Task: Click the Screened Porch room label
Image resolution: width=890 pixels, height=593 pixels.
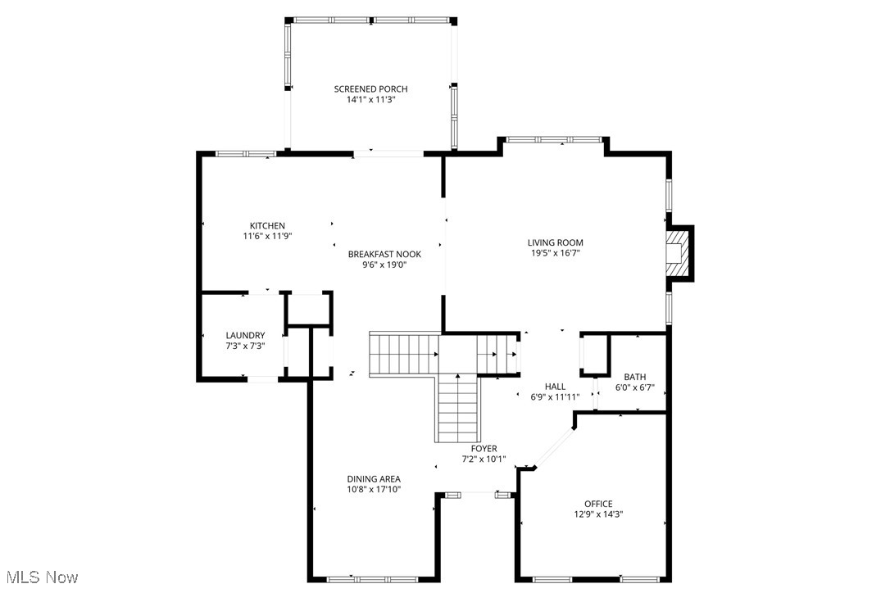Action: (370, 89)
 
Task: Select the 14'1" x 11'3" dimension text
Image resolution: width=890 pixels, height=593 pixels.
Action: (370, 100)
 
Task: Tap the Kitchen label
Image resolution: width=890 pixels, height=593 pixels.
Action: (267, 226)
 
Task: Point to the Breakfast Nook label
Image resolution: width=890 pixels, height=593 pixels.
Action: (378, 254)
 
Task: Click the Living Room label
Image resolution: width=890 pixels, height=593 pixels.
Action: (555, 242)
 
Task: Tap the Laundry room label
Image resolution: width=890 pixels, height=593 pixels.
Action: (245, 335)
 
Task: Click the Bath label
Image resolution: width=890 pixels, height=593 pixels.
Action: (634, 377)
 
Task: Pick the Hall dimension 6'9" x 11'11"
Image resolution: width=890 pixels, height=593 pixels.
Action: (555, 397)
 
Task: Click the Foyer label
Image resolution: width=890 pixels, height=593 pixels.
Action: (484, 449)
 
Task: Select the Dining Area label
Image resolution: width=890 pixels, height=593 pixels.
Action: (374, 479)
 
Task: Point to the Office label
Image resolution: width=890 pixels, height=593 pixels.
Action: (598, 504)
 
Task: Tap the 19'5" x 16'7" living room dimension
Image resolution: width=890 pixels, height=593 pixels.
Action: (555, 253)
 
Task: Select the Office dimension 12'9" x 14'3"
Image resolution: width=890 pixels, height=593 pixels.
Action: (598, 514)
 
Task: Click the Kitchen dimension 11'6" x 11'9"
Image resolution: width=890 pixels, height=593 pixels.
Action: (267, 236)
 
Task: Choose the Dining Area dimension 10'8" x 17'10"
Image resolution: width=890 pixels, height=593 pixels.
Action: (374, 490)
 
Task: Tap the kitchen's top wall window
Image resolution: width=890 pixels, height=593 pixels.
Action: (245, 153)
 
